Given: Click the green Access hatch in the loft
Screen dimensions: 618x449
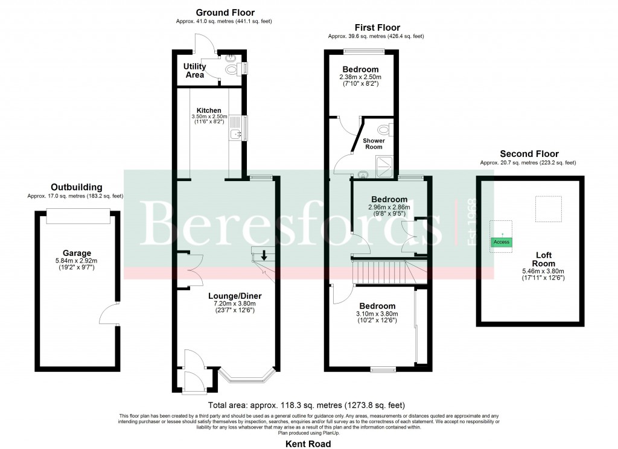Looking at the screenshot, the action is [x=502, y=242].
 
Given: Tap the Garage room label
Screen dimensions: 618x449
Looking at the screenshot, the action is [x=77, y=253].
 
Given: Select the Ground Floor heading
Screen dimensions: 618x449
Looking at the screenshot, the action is [x=225, y=13].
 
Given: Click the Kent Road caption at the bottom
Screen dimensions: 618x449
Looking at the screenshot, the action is [x=308, y=444].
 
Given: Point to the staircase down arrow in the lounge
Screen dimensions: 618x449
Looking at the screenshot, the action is [x=264, y=255].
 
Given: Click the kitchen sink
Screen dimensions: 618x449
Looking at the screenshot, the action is [x=236, y=134].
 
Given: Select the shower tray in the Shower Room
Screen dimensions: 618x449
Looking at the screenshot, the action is [x=384, y=167].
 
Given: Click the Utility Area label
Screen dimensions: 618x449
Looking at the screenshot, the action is [x=195, y=71].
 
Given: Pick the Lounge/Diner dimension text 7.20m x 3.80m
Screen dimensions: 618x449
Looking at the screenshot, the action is [x=235, y=304].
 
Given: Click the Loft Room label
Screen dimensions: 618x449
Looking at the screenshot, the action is [x=544, y=260].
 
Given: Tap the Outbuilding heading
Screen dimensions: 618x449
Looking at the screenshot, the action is [x=77, y=187].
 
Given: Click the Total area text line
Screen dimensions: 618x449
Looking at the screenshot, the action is [x=307, y=405].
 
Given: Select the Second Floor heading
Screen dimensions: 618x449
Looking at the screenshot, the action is [x=529, y=154].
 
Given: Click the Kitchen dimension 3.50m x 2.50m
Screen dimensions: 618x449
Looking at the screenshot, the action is [x=209, y=116].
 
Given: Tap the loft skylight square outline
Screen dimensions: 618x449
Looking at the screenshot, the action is [x=548, y=209].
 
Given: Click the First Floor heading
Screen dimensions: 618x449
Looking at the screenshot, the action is [x=377, y=28].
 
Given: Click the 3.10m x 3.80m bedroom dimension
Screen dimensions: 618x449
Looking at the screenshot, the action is [x=377, y=314].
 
